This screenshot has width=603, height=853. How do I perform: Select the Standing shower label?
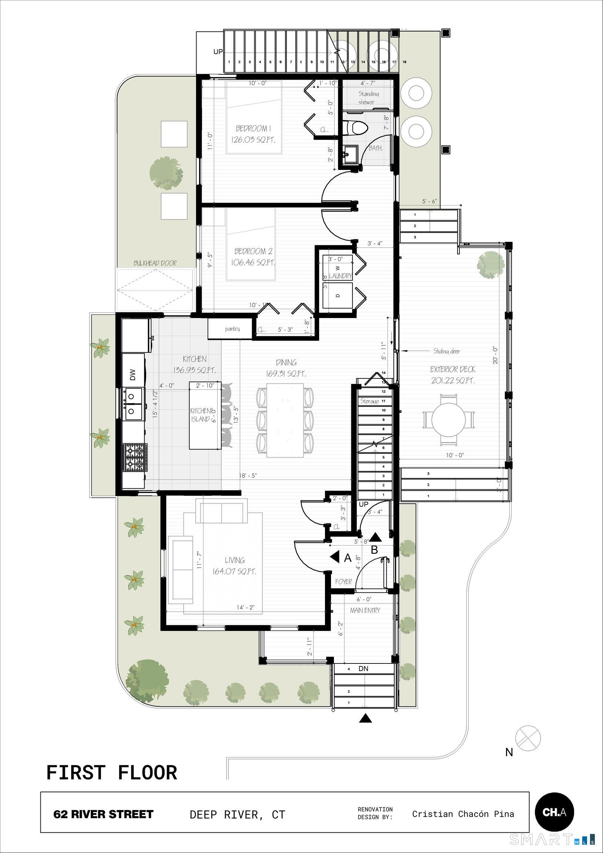(x=368, y=98)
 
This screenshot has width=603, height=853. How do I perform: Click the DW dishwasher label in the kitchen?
(x=133, y=375)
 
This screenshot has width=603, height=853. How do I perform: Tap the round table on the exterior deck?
(x=448, y=420)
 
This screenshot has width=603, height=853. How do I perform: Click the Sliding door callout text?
(x=446, y=351)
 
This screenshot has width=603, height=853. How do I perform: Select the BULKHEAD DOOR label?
(x=155, y=263)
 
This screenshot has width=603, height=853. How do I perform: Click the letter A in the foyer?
(x=348, y=558)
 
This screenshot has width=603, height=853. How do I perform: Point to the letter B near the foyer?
(x=375, y=550)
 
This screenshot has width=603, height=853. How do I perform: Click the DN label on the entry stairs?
(x=364, y=669)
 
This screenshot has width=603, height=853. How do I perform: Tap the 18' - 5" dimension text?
(x=248, y=475)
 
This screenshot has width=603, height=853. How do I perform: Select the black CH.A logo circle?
(x=555, y=812)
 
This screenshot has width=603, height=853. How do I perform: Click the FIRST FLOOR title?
(x=111, y=773)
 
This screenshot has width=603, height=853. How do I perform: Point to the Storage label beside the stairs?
(x=370, y=401)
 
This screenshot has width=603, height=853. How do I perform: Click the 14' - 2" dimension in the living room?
(x=245, y=608)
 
